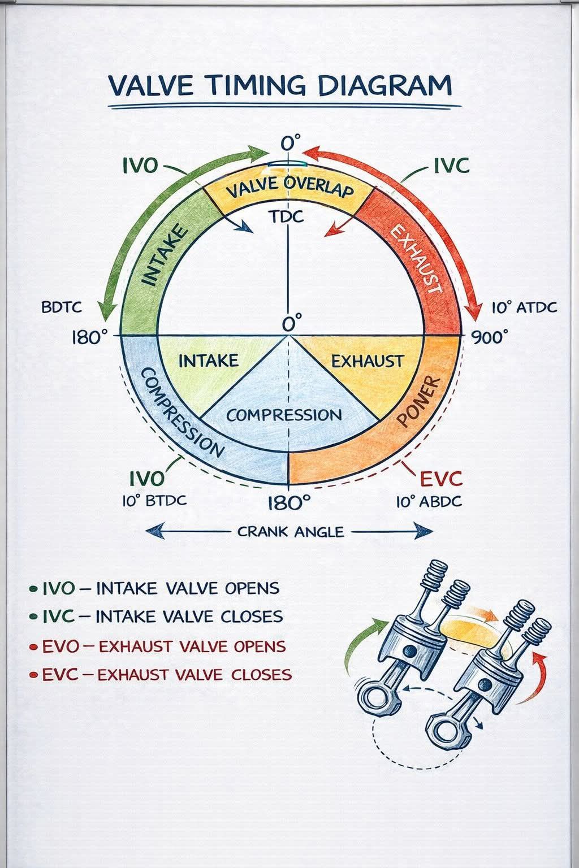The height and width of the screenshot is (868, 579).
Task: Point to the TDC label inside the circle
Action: pos(287,217)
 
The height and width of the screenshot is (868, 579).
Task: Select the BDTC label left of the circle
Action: pos(62,307)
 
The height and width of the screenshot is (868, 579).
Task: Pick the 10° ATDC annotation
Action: pos(524,307)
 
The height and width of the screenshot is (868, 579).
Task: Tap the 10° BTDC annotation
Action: pos(154,500)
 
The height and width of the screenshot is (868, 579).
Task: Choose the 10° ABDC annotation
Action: pos(429,502)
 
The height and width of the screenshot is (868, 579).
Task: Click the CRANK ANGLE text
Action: pos(291,531)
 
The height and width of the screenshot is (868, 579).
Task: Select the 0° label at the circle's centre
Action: pos(292,323)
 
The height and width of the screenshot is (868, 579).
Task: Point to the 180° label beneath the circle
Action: pos(289,503)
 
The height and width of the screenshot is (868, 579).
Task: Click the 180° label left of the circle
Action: pos(89,337)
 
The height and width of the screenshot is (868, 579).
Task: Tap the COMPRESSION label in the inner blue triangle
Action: pos(284,415)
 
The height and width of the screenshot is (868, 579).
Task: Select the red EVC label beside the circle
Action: pos(442,479)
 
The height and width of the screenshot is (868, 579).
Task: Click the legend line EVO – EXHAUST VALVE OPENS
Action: pos(163,646)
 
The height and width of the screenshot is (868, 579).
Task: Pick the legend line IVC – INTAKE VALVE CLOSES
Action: pos(162,617)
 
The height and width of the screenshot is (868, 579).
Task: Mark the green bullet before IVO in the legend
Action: pos(34,589)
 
